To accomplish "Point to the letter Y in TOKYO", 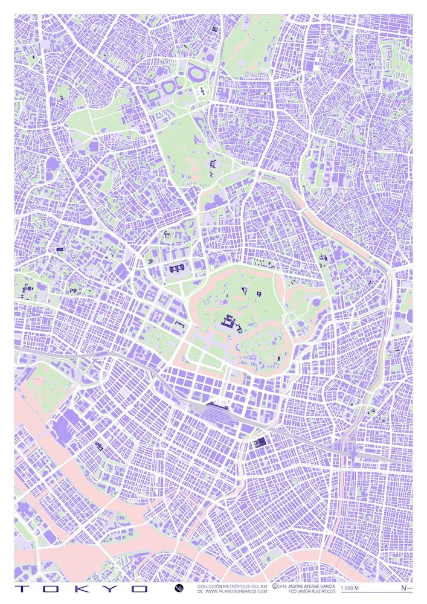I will (112, 588).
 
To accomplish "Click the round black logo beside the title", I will (178, 588).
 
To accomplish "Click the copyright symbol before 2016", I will (275, 585).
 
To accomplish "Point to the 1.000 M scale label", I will (350, 588).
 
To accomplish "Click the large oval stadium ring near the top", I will (196, 75).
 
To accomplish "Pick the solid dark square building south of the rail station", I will (260, 443).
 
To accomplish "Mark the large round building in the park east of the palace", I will (316, 302).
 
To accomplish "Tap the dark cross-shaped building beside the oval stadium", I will (201, 92).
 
